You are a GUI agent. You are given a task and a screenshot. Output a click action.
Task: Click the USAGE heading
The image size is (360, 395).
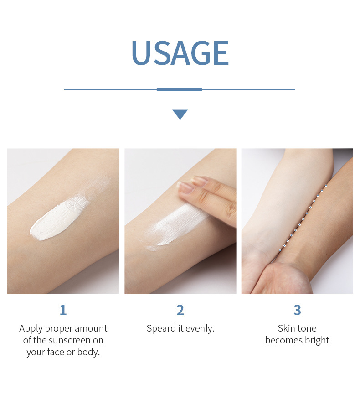[180, 53]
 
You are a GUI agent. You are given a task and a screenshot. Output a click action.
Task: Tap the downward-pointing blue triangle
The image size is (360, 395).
[180, 114]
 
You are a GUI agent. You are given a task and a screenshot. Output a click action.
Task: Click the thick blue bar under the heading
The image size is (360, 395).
[180, 89]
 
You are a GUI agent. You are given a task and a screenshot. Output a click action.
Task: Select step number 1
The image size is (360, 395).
[63, 311]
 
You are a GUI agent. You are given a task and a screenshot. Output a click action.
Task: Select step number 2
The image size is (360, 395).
[180, 311]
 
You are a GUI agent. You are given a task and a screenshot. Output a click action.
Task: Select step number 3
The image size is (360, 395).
[297, 311]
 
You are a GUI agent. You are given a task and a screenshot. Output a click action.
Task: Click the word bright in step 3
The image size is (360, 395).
[317, 341]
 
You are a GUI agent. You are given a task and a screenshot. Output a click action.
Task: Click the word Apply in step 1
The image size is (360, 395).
[31, 329]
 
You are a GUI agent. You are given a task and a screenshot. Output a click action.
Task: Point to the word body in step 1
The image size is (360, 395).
[89, 353]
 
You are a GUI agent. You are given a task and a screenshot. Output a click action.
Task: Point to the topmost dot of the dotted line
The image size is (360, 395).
[326, 185]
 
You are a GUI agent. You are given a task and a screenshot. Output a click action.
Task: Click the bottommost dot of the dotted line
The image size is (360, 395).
[280, 250]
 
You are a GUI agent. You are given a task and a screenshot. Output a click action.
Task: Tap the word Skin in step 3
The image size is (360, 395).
[287, 329]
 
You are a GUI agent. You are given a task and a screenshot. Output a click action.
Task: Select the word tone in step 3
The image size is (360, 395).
[308, 329]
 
